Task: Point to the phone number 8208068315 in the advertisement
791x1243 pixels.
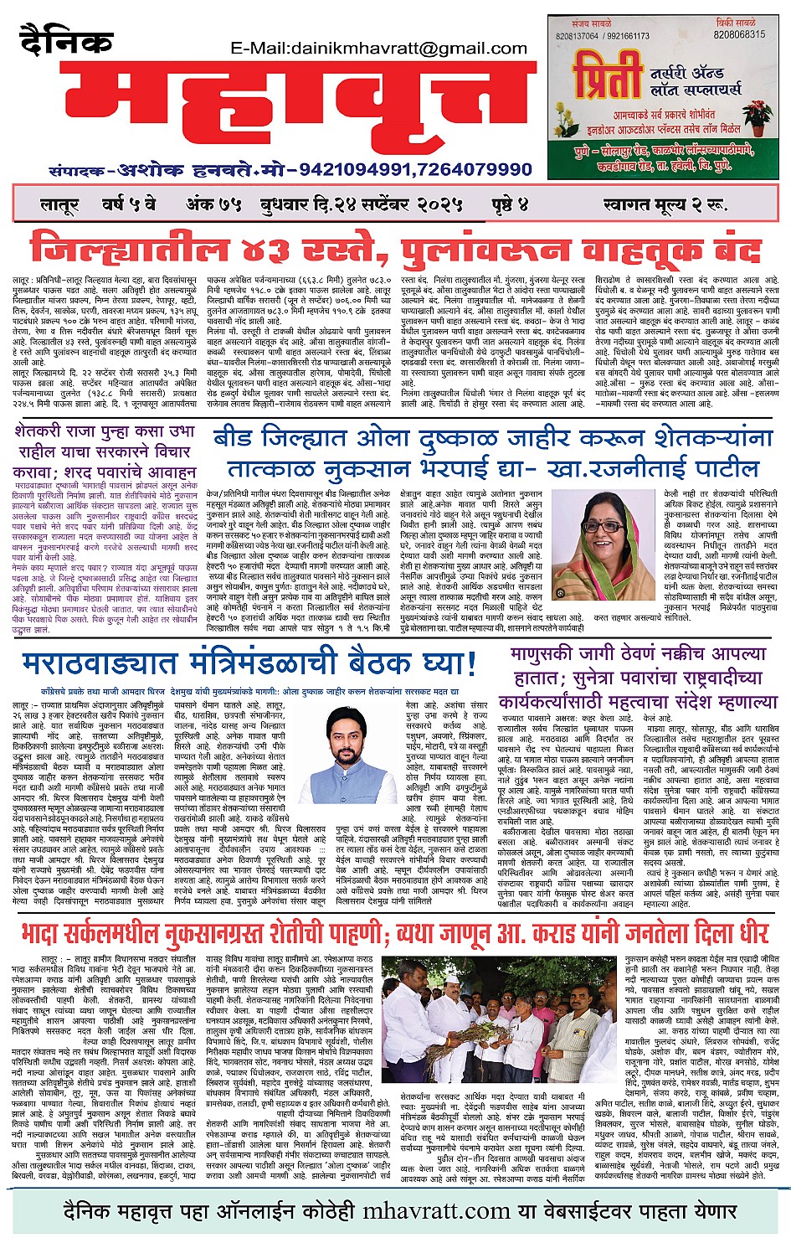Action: tap(739, 34)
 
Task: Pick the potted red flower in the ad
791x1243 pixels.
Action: tap(758, 114)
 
